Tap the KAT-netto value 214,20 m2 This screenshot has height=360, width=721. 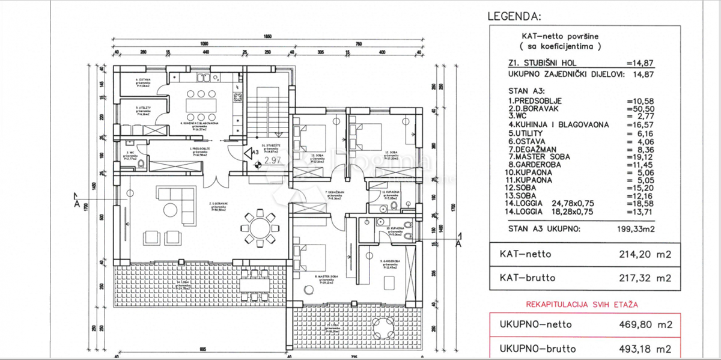pyautogui.click(x=639, y=254)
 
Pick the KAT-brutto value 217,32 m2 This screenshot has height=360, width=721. pyautogui.click(x=639, y=278)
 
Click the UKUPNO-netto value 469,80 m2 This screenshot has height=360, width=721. pyautogui.click(x=639, y=325)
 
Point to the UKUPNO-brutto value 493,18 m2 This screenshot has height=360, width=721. pyautogui.click(x=639, y=349)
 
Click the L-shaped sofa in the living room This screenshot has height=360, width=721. pyautogui.click(x=174, y=201)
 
